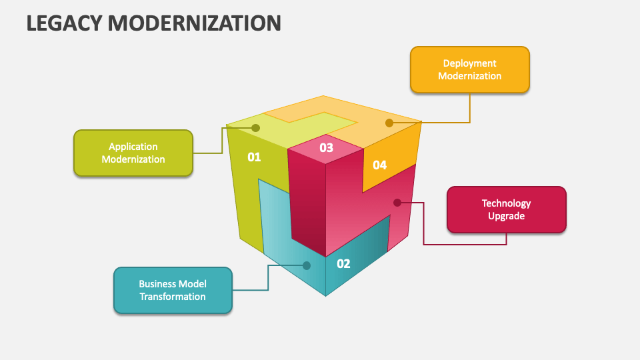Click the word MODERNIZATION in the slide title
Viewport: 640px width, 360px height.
tap(195, 23)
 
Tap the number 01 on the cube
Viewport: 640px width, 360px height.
tap(254, 157)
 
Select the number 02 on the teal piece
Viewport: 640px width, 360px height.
tap(343, 264)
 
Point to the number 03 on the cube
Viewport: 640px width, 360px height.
tap(326, 148)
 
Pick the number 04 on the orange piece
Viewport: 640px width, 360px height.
tap(379, 165)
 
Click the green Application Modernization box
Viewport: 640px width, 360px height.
tap(133, 153)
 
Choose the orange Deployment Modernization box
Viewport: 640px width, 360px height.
tap(469, 69)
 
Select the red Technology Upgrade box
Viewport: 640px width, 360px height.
tap(506, 209)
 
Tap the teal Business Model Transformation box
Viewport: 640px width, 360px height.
tap(173, 290)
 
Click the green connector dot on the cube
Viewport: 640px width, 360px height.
tap(255, 127)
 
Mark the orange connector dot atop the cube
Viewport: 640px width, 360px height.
tap(389, 123)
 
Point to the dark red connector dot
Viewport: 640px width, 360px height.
tap(397, 202)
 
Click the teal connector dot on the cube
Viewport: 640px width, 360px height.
tap(307, 265)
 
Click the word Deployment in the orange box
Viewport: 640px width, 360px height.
tap(469, 63)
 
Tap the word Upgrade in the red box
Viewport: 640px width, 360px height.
tap(506, 216)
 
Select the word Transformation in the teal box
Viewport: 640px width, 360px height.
tap(173, 297)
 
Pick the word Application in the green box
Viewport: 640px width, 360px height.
tap(133, 147)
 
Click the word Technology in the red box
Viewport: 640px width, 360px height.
tap(506, 203)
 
